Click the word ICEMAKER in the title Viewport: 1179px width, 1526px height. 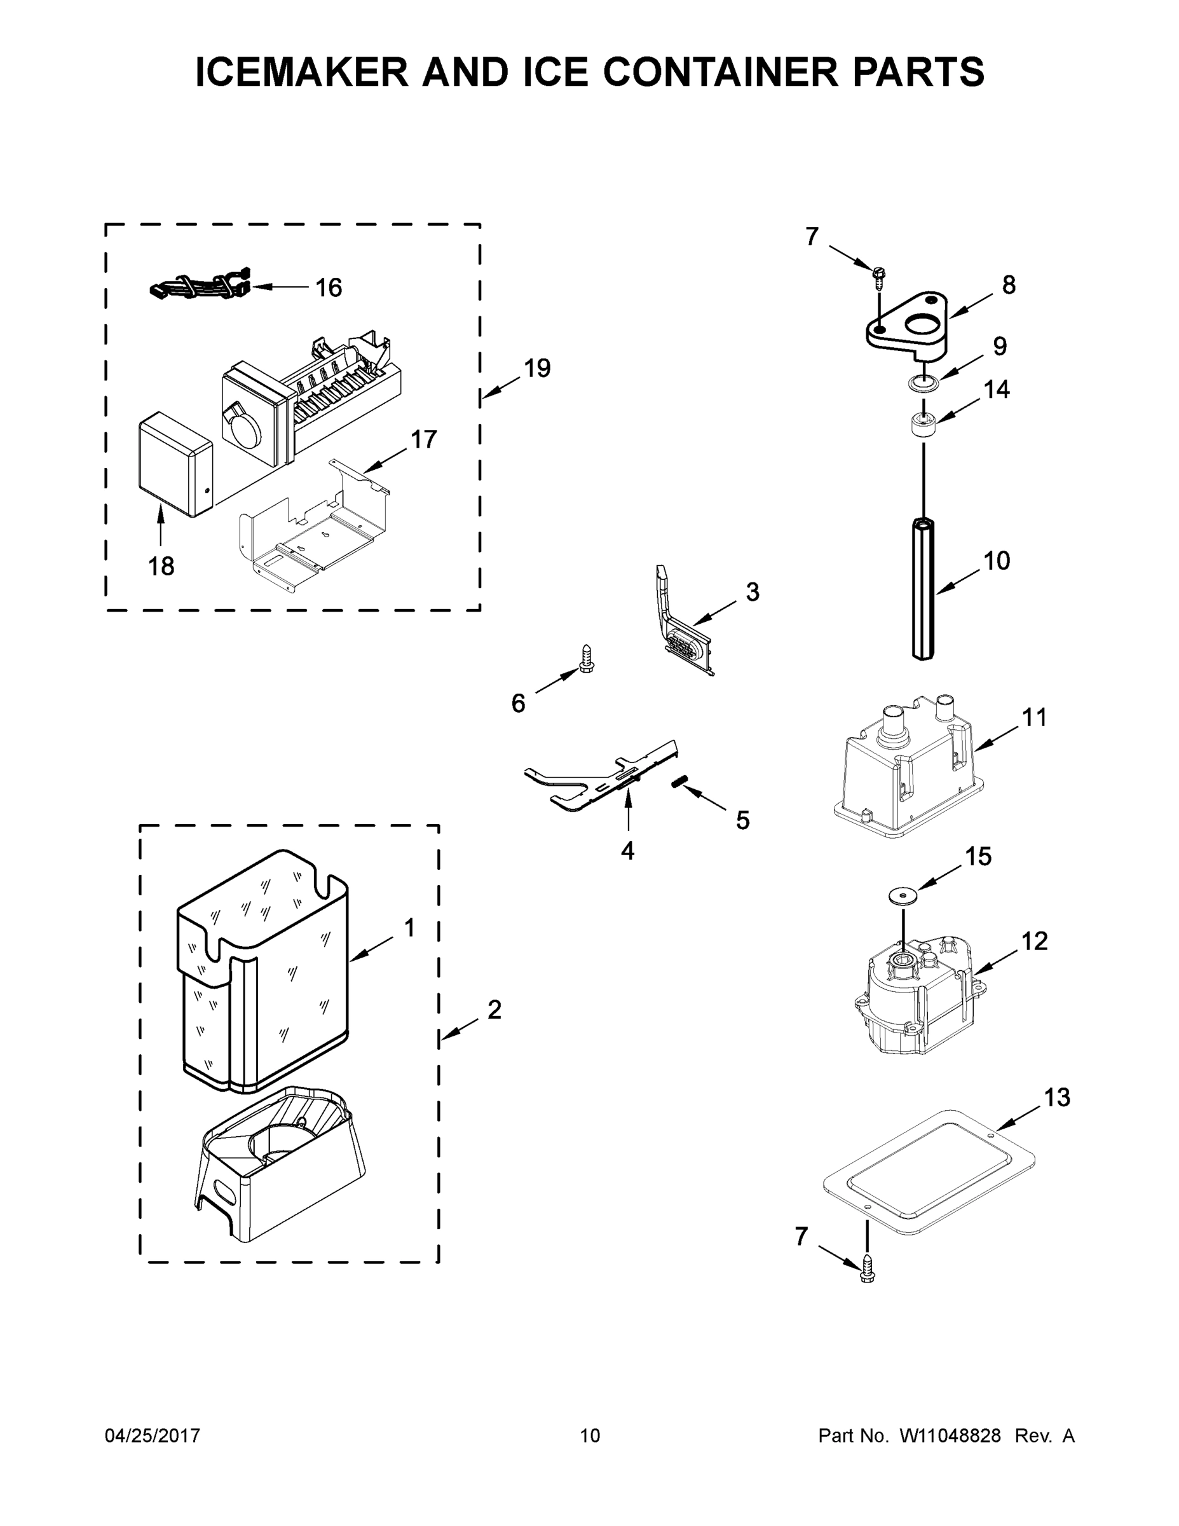coord(302,72)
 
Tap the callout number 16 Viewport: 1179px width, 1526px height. coord(328,287)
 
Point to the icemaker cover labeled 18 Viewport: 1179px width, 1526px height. coord(175,465)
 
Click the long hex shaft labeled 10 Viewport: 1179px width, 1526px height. coord(923,587)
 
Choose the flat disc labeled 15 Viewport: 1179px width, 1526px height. coord(903,896)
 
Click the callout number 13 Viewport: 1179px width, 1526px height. coord(1057,1097)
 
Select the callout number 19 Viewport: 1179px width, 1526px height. coord(537,368)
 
